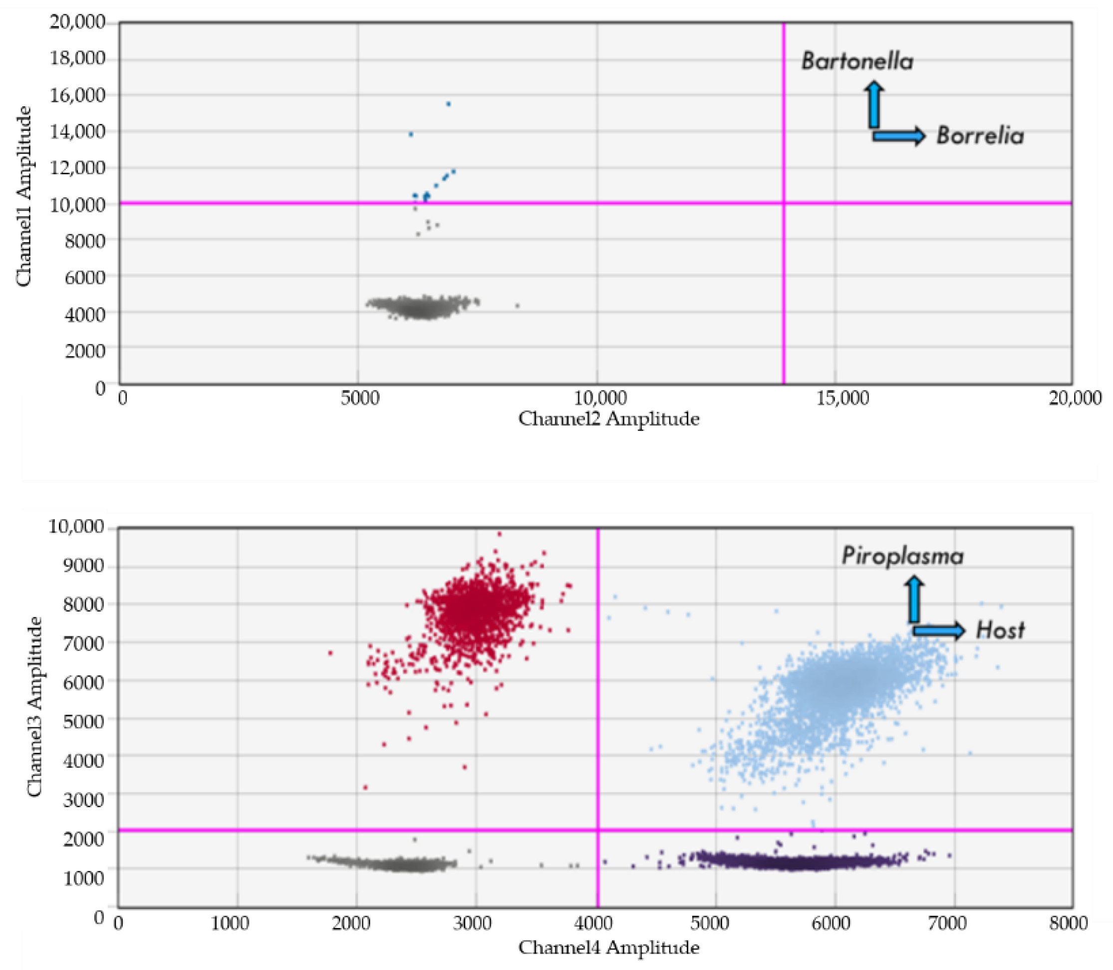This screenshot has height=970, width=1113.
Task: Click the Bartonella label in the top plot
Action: pyautogui.click(x=857, y=61)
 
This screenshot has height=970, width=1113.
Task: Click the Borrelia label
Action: pyautogui.click(x=980, y=135)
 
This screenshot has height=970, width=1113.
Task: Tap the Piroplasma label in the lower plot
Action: pyautogui.click(x=902, y=557)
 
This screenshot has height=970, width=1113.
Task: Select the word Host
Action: pyautogui.click(x=1000, y=630)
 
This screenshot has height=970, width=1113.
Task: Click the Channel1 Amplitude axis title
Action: pyautogui.click(x=24, y=196)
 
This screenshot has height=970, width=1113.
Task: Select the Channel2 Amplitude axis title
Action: pyautogui.click(x=609, y=418)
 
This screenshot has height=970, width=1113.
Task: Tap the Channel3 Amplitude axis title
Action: pyautogui.click(x=34, y=706)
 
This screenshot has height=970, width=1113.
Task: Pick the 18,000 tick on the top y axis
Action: pyautogui.click(x=77, y=58)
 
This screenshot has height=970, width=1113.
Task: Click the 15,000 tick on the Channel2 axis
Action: pyautogui.click(x=842, y=399)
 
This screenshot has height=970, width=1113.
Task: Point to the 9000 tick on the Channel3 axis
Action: pyautogui.click(x=83, y=566)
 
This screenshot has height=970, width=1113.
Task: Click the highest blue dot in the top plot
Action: pyautogui.click(x=448, y=104)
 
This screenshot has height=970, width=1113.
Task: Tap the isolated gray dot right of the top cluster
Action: pyautogui.click(x=517, y=306)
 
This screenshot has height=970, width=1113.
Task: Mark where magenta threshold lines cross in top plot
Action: pyautogui.click(x=784, y=203)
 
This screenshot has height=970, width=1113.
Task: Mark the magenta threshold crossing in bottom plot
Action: pyautogui.click(x=597, y=830)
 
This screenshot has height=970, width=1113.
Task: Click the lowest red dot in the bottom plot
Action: pyautogui.click(x=365, y=788)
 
